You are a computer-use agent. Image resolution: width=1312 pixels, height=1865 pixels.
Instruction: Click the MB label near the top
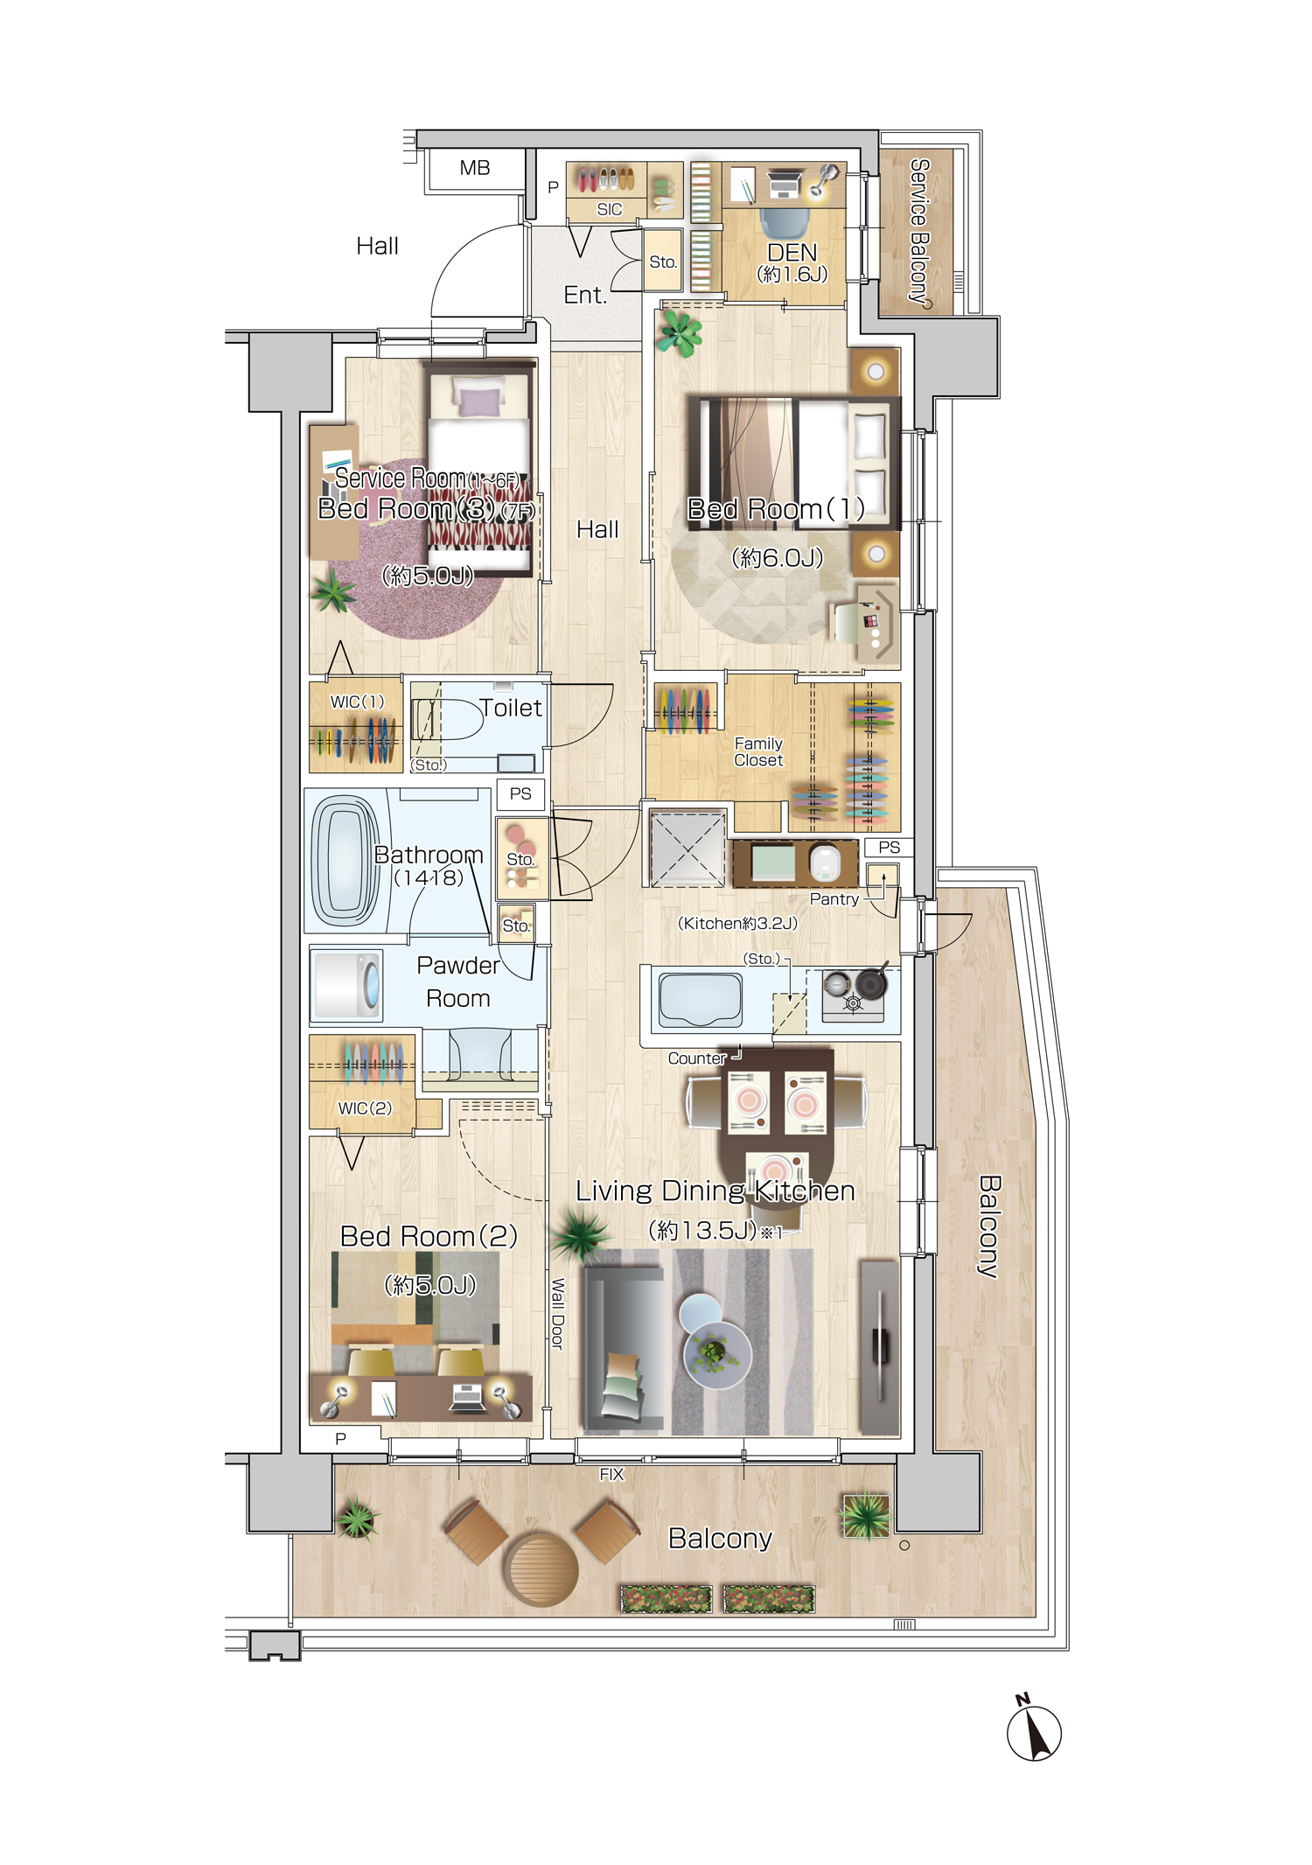click(475, 168)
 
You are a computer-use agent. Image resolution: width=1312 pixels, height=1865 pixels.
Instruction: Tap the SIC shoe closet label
click(610, 210)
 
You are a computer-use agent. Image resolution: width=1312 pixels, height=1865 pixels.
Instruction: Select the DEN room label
click(792, 253)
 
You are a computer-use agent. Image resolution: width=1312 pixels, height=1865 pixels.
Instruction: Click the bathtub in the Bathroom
click(345, 861)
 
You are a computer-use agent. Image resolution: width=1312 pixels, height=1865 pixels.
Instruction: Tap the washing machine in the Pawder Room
click(347, 985)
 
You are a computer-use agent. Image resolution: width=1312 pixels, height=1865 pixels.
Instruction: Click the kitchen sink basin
click(701, 998)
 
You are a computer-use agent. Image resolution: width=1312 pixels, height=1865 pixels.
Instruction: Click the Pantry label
click(834, 899)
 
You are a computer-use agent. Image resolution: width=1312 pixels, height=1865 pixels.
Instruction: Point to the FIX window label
click(611, 1475)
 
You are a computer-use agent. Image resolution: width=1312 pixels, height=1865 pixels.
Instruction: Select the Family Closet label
click(758, 752)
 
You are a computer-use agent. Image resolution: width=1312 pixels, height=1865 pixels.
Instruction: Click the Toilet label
click(511, 708)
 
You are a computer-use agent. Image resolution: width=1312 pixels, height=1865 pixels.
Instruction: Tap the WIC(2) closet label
click(365, 1108)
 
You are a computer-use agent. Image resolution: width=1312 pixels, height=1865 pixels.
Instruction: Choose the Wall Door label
click(558, 1314)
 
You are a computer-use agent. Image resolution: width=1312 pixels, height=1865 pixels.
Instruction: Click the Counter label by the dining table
click(697, 1058)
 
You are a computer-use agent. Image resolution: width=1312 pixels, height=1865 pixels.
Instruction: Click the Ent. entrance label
click(585, 296)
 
